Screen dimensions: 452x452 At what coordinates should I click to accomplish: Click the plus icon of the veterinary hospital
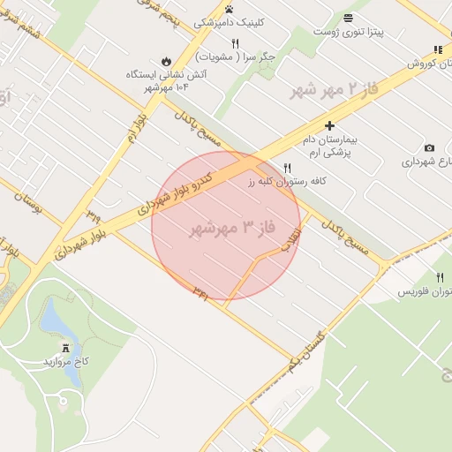coord(329,126)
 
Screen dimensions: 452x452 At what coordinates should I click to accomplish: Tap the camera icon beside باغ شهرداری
coord(429,147)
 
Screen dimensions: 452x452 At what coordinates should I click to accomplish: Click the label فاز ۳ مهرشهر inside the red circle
coord(233,229)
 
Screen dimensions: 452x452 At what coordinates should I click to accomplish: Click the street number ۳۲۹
coord(94,215)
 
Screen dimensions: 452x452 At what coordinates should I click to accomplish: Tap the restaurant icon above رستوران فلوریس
coord(440,277)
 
